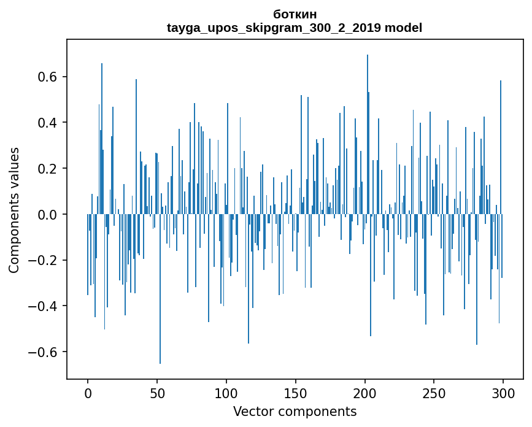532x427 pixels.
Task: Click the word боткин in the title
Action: [295, 14]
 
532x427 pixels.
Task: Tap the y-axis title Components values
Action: [14, 210]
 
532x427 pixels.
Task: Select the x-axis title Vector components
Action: [295, 411]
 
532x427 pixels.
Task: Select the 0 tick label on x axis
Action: [88, 393]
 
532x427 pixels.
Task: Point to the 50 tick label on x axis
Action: [157, 393]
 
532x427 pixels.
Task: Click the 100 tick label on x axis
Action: [226, 393]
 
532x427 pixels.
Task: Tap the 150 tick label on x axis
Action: [296, 393]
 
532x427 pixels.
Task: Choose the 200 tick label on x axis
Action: [365, 393]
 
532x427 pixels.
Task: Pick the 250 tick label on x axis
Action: [434, 393]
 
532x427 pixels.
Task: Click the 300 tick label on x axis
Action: [504, 393]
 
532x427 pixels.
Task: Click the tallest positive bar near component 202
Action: [368, 123]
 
